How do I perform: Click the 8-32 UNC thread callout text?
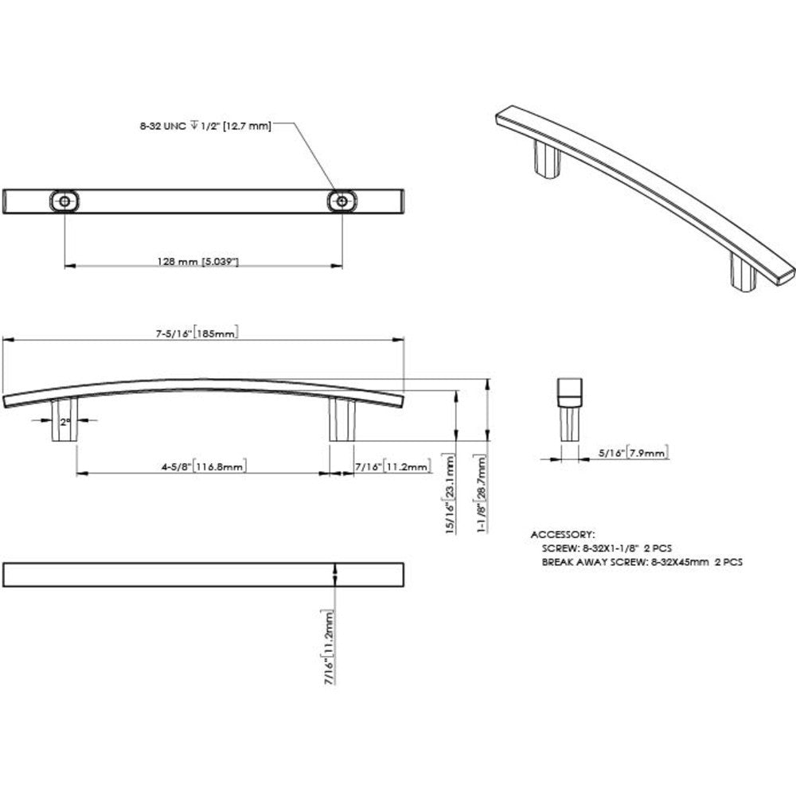203,125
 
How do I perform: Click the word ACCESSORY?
563,534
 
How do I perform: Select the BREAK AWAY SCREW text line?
642,561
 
